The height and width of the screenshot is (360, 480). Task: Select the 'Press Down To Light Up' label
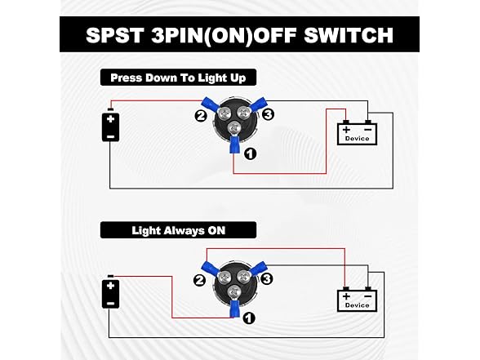(178, 78)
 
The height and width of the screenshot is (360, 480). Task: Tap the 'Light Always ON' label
(178, 230)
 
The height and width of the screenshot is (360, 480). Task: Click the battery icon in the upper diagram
(110, 127)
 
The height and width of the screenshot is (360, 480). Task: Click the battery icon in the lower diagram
(110, 292)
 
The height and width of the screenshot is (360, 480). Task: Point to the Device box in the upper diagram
(357, 131)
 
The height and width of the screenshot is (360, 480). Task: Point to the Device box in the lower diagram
(357, 298)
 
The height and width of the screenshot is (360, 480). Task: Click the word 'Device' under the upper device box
(357, 139)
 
